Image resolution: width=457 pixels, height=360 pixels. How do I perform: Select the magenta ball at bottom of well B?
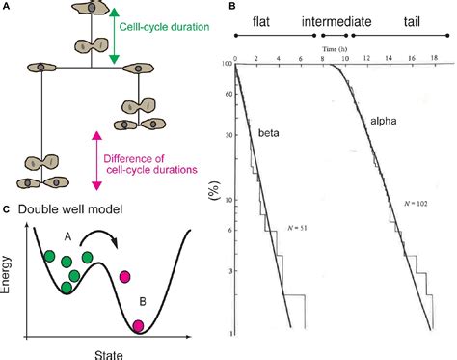(x=138, y=326)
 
